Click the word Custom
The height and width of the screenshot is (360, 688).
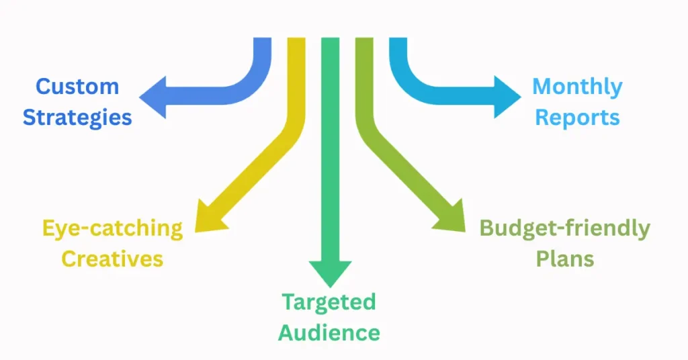point(77,87)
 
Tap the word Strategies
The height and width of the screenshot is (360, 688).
point(77,118)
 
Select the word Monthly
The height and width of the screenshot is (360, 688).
point(577,87)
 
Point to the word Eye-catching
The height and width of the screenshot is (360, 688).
point(112,228)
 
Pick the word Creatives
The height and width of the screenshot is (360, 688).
point(112,259)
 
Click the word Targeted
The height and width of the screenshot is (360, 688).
point(329,302)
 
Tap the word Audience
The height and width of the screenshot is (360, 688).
point(329,332)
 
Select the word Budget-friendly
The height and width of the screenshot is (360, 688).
point(564,228)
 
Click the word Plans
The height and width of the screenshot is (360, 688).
point(564,259)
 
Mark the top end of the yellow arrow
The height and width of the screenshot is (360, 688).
point(296,42)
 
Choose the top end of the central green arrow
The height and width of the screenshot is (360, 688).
point(330,42)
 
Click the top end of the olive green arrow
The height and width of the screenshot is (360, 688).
point(363,42)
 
